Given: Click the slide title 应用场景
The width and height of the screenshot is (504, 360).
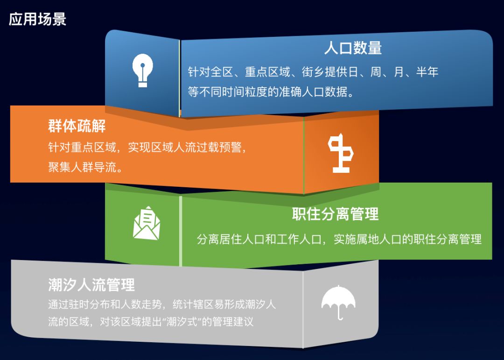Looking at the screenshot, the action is pos(37,19).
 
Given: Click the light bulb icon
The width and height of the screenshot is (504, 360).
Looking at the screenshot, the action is pos(142,71).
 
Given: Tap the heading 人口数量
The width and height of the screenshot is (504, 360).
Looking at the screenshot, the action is pos(353,48).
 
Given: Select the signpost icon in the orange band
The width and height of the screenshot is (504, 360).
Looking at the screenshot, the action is pos(341,153).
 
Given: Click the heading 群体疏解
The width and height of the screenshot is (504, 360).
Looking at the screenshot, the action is pos(77,126).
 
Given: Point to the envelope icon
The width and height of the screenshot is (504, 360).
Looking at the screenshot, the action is pos(147,223).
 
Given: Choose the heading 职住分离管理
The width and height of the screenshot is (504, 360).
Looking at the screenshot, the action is pos(335,214).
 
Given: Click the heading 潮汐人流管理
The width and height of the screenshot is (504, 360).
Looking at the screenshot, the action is pos(91,285).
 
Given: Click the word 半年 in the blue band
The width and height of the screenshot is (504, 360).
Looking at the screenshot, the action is pos(427,72).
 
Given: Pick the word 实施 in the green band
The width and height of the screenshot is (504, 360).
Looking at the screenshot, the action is pos(345,240).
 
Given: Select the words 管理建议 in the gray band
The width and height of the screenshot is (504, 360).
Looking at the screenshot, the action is pos(233,322).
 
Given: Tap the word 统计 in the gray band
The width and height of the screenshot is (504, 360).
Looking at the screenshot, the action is pos(183,304).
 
